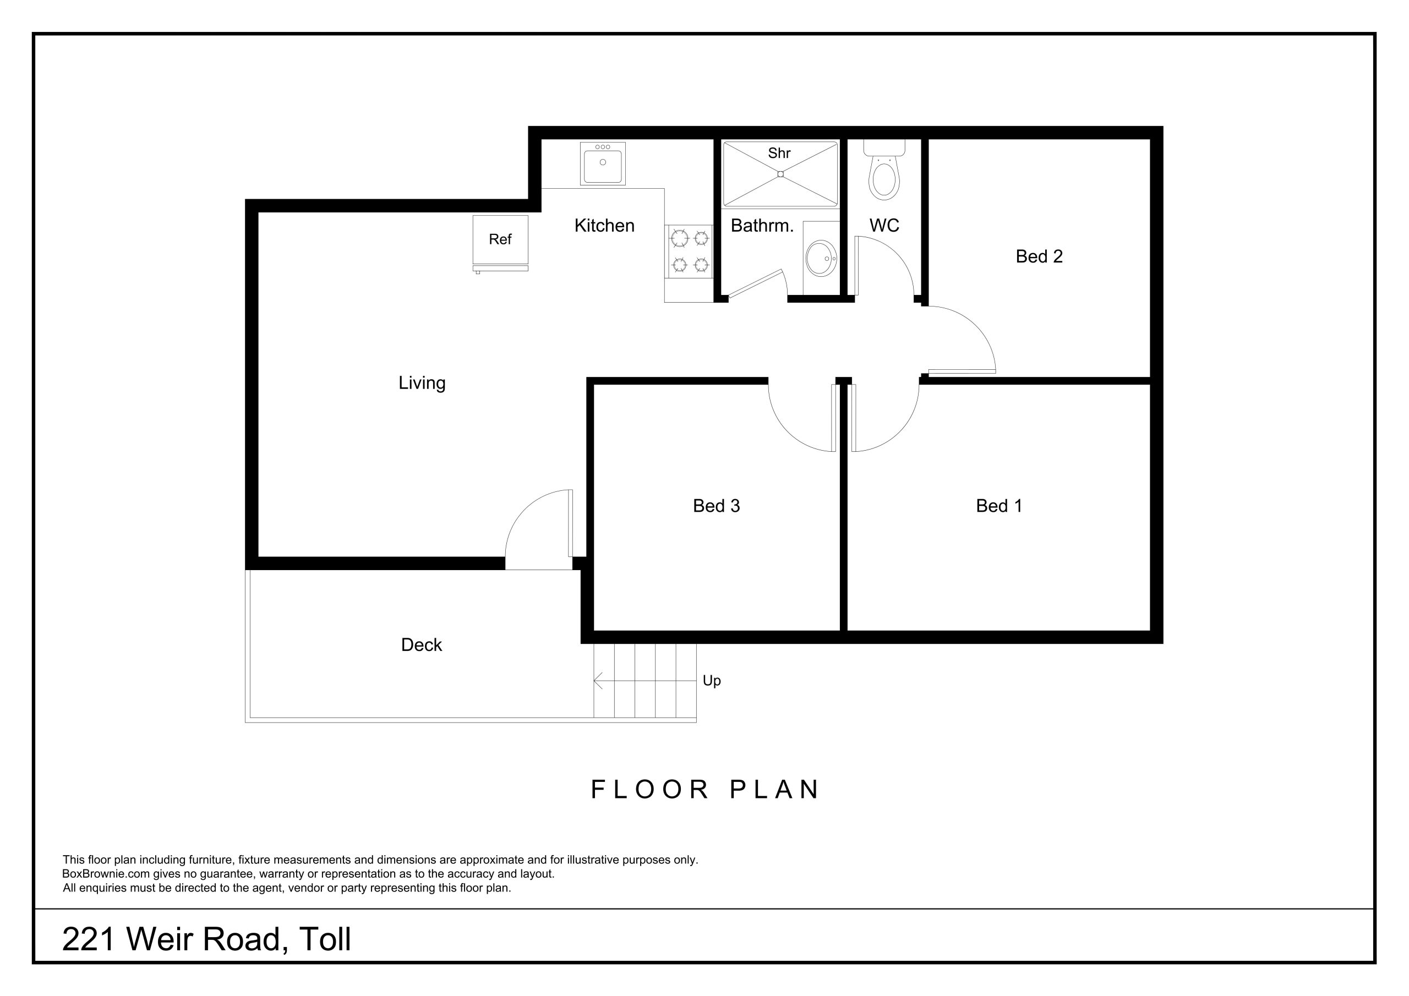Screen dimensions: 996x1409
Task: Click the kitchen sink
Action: click(x=603, y=163)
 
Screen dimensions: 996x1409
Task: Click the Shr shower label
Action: click(x=779, y=154)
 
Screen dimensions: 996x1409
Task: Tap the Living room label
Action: click(x=422, y=383)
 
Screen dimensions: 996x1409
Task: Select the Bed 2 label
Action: click(x=1039, y=256)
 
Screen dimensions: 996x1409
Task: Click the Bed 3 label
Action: click(x=716, y=506)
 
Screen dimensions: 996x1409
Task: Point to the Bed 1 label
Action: click(x=998, y=506)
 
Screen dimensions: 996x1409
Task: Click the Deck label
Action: click(x=421, y=645)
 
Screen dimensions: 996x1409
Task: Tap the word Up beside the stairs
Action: click(x=711, y=681)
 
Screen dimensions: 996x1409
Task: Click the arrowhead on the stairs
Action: click(x=597, y=681)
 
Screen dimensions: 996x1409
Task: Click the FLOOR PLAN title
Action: click(x=704, y=790)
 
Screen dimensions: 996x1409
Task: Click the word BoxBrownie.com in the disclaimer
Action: click(x=106, y=874)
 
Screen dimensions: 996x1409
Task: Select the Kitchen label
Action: click(x=604, y=226)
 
